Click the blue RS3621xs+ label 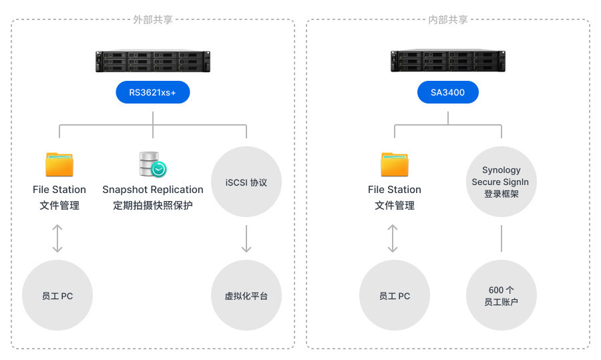click(153, 92)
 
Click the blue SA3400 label click(448, 92)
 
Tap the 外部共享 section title click(153, 19)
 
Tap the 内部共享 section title click(448, 19)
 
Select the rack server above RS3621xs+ click(153, 61)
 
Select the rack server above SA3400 click(448, 61)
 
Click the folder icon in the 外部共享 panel click(59, 164)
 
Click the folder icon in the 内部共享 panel click(395, 164)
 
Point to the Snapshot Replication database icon click(152, 164)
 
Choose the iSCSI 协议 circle click(246, 182)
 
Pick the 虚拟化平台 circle click(246, 295)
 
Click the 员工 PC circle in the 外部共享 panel click(57, 295)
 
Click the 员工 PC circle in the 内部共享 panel click(395, 295)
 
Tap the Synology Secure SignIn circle click(501, 182)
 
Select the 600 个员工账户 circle click(501, 295)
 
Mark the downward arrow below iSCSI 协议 click(246, 238)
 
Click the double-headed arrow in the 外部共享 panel click(57, 238)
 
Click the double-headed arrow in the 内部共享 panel click(393, 238)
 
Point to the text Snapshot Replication click(152, 190)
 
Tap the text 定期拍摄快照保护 click(152, 206)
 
